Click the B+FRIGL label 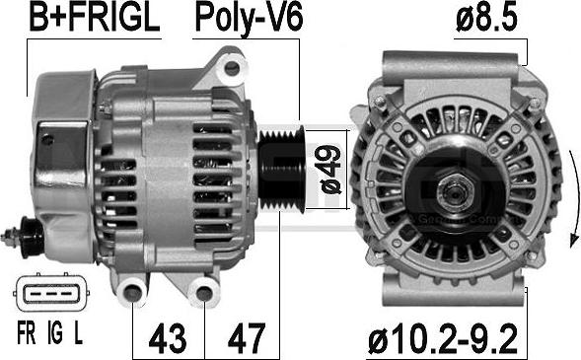[x=95, y=18]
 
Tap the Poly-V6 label [x=249, y=19]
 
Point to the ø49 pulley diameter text [x=330, y=169]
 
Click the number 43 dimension [x=167, y=338]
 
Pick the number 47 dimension [x=247, y=338]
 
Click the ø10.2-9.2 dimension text [x=443, y=338]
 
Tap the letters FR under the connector [x=27, y=333]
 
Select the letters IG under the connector [x=55, y=333]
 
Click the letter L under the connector [x=78, y=333]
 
